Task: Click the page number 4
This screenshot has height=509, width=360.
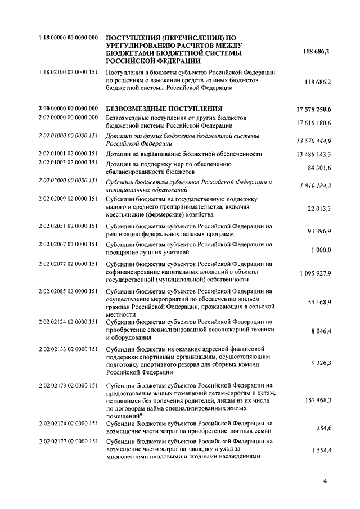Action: tap(326, 481)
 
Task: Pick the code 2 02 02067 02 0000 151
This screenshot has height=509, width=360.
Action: tap(69, 244)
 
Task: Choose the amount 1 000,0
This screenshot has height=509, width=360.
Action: tap(321, 249)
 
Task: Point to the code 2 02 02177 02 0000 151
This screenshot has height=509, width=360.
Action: tap(69, 441)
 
